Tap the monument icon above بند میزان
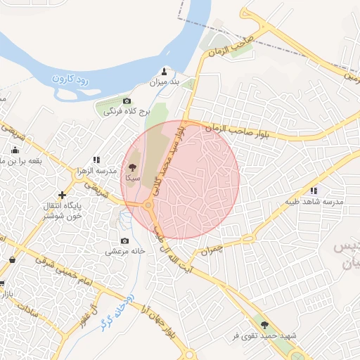tap(165, 71)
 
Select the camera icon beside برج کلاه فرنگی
tap(127, 101)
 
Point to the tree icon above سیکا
tap(132, 167)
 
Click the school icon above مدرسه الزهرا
tap(97, 160)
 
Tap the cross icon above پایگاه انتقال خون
tap(63, 194)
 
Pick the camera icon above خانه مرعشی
tap(125, 241)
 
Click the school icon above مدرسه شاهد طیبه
tap(314, 191)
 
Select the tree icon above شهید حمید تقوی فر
tap(264, 325)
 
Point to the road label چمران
tap(210, 250)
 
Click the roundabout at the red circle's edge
tap(148, 205)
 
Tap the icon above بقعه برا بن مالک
tap(15, 150)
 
